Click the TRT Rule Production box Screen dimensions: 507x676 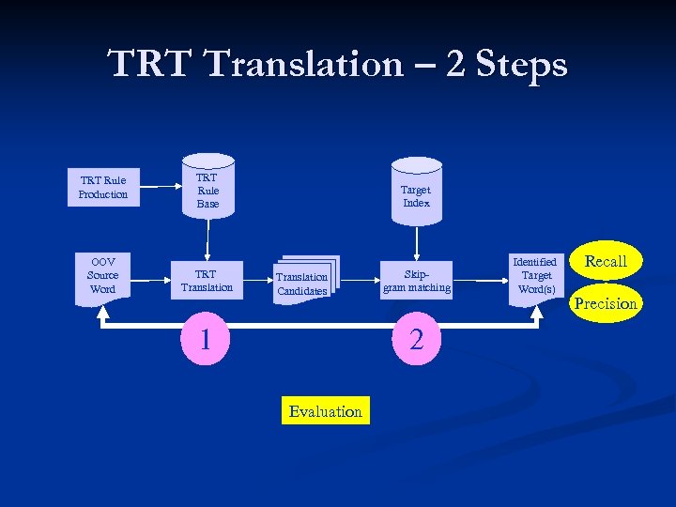[x=103, y=187]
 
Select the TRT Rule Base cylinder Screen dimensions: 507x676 [x=207, y=190]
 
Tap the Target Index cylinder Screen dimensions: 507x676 [x=416, y=196]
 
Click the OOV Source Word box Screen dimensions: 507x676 [x=102, y=276]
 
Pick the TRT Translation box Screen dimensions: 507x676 [x=207, y=281]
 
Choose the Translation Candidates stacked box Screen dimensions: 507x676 [x=301, y=283]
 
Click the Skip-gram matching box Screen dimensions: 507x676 [x=416, y=281]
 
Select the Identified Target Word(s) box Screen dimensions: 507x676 [x=536, y=275]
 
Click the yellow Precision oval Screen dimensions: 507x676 [x=606, y=303]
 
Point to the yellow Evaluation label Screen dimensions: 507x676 [x=326, y=411]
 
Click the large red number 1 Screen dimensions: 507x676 [x=205, y=337]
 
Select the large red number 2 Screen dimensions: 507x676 [x=417, y=339]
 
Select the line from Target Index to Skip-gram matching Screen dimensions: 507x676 [x=416, y=242]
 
